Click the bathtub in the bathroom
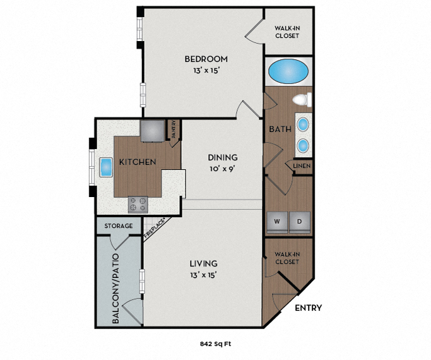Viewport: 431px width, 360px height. [288, 72]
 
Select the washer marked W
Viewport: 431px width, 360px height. [276, 221]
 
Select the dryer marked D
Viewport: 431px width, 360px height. [299, 221]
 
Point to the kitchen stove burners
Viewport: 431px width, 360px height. [138, 204]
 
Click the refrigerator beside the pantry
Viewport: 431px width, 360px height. [151, 131]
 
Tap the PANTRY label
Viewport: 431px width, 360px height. [175, 129]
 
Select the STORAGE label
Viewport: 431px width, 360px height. [119, 225]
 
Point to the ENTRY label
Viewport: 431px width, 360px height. [309, 308]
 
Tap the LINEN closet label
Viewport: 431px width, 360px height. [300, 166]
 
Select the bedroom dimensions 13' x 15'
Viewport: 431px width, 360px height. [206, 71]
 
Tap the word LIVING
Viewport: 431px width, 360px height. [203, 263]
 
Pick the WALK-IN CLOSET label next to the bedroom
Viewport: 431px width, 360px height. [287, 32]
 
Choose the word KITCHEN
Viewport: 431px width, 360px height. [138, 162]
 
